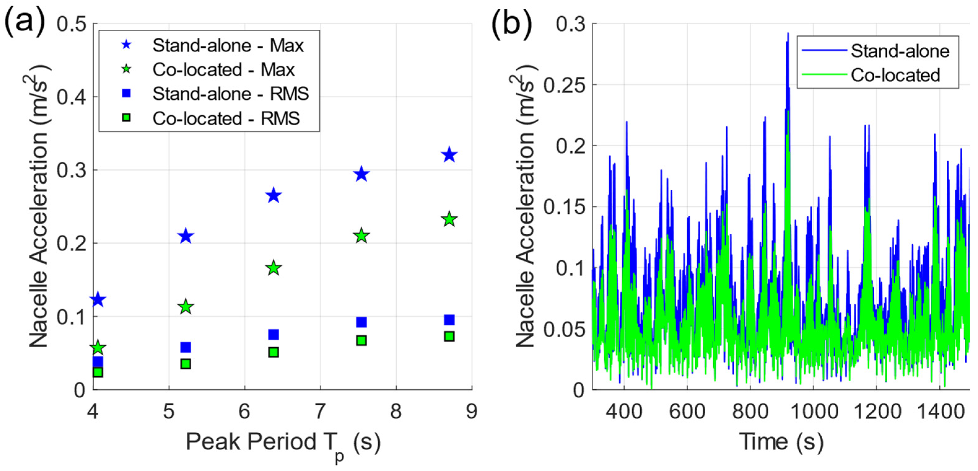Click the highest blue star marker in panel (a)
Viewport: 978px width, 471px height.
pyautogui.click(x=450, y=155)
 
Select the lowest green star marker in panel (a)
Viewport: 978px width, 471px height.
pyautogui.click(x=98, y=347)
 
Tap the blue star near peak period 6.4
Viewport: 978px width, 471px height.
pyautogui.click(x=274, y=196)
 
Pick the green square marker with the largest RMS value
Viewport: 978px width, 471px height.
pyautogui.click(x=450, y=337)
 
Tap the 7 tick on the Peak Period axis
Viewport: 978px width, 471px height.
pyautogui.click(x=320, y=411)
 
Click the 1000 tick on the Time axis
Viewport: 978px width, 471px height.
pyautogui.click(x=814, y=411)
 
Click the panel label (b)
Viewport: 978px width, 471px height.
pyautogui.click(x=511, y=24)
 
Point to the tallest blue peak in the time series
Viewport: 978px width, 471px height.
pyautogui.click(x=788, y=34)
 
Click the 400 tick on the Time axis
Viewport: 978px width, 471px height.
pyautogui.click(x=624, y=411)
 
